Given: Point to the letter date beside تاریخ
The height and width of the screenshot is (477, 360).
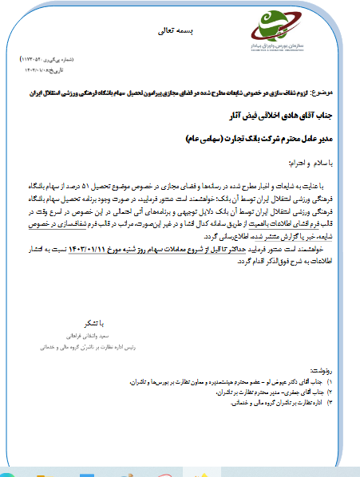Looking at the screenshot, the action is pos(49,69).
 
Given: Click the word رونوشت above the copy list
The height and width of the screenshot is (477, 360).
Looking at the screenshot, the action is pos(326,373).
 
